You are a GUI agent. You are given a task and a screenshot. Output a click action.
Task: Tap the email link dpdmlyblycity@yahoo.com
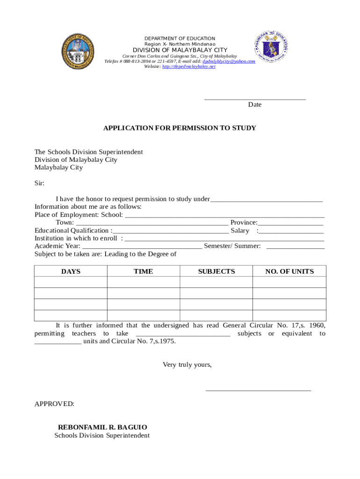point(229,61)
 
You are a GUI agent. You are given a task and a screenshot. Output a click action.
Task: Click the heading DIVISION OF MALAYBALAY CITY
point(180,50)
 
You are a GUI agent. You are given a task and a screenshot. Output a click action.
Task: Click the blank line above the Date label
point(255,98)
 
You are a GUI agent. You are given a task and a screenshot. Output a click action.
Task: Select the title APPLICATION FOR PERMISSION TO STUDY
point(180,128)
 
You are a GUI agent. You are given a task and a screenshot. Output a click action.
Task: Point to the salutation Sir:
point(40,183)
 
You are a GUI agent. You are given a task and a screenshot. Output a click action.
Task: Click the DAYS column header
point(71,272)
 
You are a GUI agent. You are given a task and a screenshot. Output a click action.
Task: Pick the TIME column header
point(143,272)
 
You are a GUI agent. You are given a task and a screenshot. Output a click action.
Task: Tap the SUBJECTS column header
point(216,272)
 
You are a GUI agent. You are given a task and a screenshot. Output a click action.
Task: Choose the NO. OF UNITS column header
point(289,272)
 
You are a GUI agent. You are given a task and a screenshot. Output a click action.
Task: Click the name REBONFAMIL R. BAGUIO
point(102,428)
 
